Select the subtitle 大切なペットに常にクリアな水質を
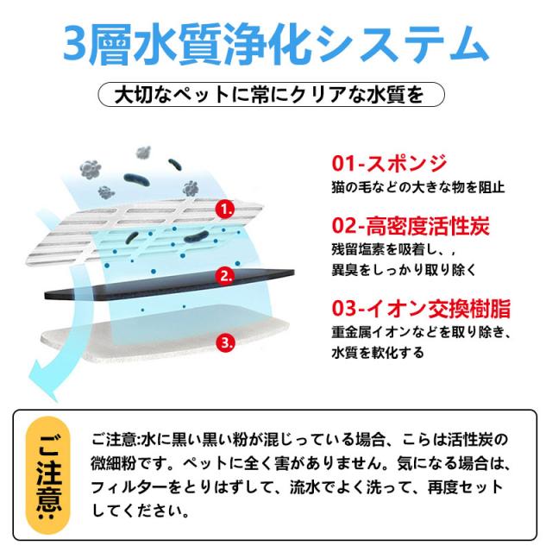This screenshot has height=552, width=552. coord(269,95)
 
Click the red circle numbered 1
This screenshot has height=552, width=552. coord(225,210)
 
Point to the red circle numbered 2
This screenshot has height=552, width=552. coord(225,276)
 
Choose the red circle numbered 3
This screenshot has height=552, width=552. coord(225,342)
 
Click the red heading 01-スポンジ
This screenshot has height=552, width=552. coord(389,164)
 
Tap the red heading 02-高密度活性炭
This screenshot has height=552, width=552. coord(411,225)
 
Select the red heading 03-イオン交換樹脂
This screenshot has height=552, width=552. coord(421,308)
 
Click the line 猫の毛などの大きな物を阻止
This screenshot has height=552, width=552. coord(418,187)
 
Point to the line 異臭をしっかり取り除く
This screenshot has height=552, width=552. coord(404,270)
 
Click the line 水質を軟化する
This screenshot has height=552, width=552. coord(378,353)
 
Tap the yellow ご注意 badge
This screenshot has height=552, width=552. coord(48,475)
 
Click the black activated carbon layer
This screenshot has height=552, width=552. coord(169,285)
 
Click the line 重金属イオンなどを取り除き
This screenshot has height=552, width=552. coord(421,332)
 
